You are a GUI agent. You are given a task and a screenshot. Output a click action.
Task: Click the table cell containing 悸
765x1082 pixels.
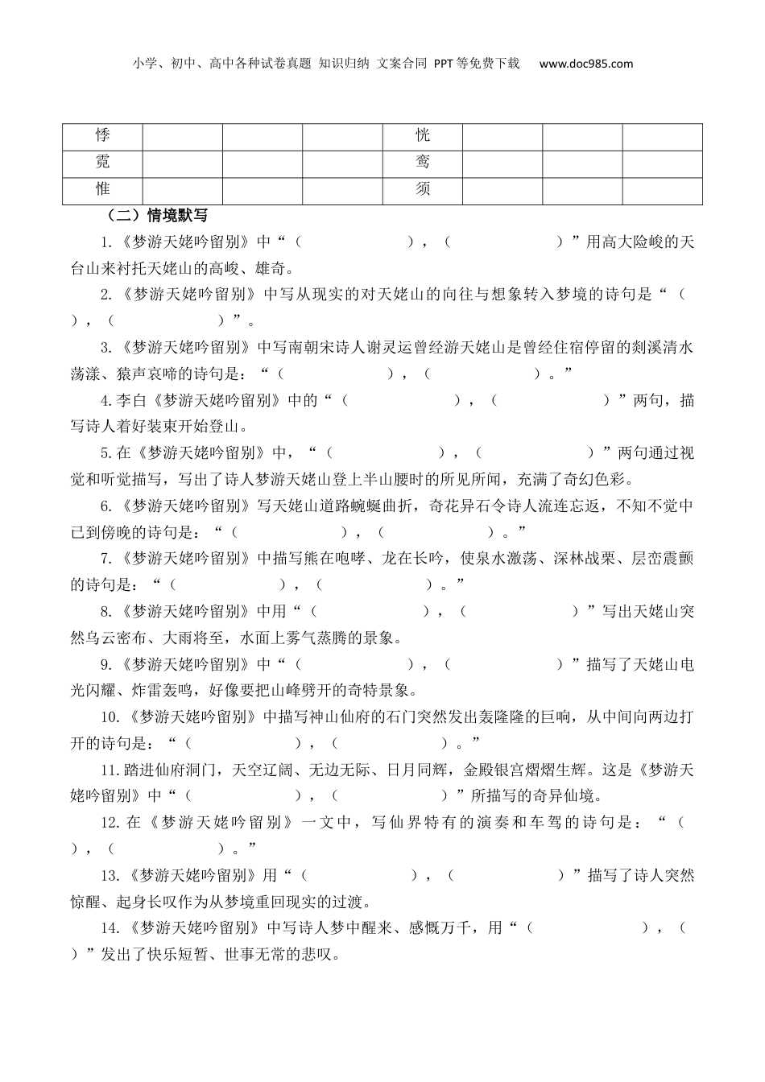pyautogui.click(x=103, y=136)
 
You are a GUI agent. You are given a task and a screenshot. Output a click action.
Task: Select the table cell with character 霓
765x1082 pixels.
pyautogui.click(x=103, y=163)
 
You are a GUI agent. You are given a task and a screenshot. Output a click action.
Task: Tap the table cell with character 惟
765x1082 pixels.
pyautogui.click(x=103, y=189)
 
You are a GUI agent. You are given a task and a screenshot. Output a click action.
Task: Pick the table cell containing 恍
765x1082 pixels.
pyautogui.click(x=423, y=136)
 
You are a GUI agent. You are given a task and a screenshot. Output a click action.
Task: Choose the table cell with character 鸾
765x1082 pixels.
pyautogui.click(x=423, y=163)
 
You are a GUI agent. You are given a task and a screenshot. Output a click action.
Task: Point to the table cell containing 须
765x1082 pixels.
pyautogui.click(x=423, y=189)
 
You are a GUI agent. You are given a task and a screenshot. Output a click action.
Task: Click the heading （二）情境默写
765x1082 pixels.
pyautogui.click(x=156, y=215)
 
